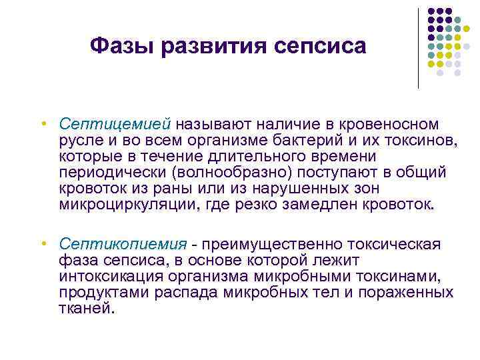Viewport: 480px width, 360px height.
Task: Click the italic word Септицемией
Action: (115, 125)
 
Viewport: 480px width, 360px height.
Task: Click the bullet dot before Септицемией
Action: (42, 125)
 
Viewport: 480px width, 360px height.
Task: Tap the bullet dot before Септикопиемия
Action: (42, 244)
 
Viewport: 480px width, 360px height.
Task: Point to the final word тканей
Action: (87, 308)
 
